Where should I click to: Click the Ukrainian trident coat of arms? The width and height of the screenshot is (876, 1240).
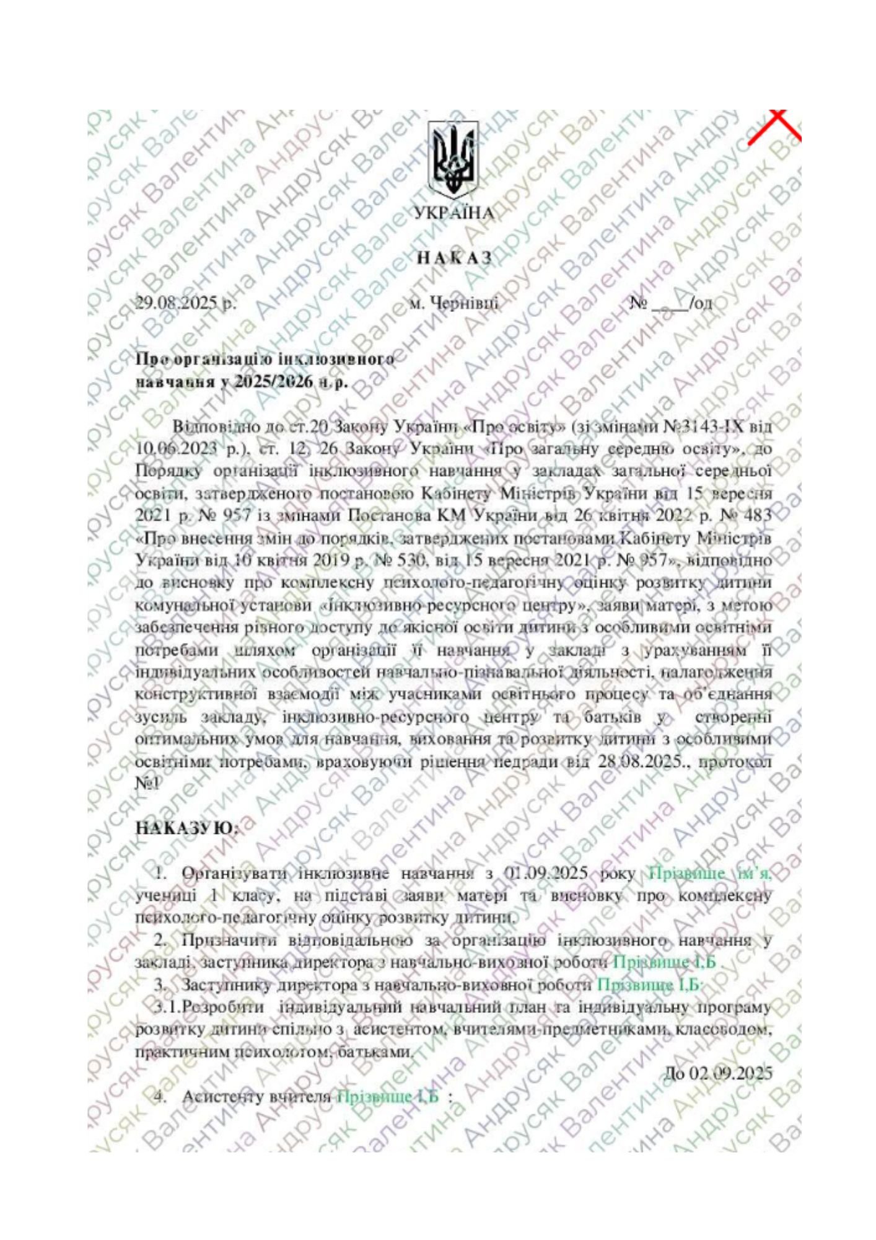point(454,159)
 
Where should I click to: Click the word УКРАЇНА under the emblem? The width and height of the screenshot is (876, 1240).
point(454,213)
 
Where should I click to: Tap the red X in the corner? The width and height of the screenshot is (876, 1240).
point(773,126)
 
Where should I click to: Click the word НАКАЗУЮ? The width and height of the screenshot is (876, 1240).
point(186,828)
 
